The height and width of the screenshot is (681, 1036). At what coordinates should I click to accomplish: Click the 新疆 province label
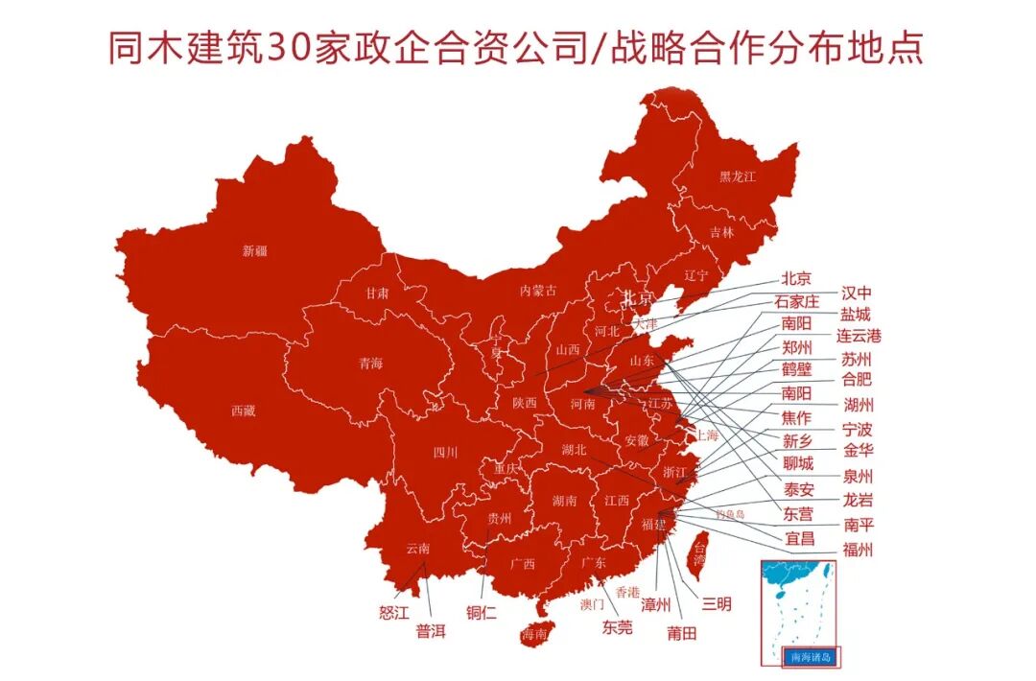coord(254,251)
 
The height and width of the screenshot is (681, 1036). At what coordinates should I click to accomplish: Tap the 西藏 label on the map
coord(243,411)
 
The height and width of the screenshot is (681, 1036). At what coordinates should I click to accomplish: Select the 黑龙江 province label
coord(738,176)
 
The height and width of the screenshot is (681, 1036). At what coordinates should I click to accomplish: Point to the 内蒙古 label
coord(537,290)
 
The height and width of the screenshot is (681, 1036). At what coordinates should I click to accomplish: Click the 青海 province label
coord(370,364)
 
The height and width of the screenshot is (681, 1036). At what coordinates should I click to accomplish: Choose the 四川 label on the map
coord(444,452)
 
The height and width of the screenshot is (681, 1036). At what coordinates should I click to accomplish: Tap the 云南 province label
coord(417,548)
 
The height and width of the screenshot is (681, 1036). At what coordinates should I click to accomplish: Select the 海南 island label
coord(534,634)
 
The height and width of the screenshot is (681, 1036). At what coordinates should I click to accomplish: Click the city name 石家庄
coord(797,302)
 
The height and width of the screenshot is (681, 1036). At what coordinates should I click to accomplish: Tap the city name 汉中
coord(857,293)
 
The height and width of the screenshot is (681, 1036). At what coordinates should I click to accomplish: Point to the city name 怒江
coord(394,610)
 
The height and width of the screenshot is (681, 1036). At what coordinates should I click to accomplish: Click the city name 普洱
coord(431,632)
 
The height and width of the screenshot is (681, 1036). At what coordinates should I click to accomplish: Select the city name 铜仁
coord(482,612)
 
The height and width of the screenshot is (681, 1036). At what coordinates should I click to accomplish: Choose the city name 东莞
coord(617,627)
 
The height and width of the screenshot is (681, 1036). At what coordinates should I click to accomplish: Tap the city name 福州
coord(858,550)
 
